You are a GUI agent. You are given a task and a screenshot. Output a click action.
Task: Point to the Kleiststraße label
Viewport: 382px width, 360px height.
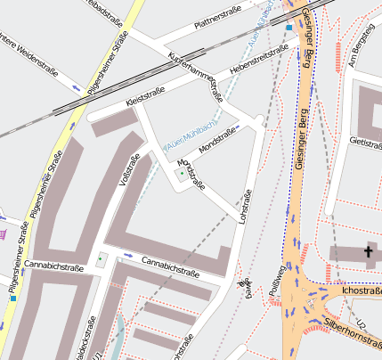[x=148, y=97]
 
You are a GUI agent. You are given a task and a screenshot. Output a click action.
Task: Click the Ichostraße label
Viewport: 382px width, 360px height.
[x=361, y=290]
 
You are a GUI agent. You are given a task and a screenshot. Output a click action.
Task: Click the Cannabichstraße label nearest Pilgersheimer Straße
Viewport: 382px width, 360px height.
[x=53, y=266]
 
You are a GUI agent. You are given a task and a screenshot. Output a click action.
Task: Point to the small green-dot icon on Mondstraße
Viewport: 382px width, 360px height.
[x=183, y=174]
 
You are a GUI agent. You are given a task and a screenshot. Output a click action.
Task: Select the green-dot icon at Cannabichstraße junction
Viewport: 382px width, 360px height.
[x=101, y=259]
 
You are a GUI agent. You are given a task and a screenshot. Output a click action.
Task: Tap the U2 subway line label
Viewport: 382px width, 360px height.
[x=361, y=320]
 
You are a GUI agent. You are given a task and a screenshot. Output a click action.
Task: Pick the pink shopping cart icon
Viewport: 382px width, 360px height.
[x=4, y=233]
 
